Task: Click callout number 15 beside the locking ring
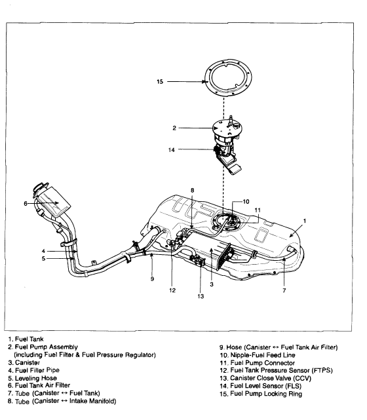(x=160, y=81)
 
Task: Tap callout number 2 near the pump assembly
(x=174, y=128)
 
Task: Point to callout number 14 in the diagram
(x=172, y=150)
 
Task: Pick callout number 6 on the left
(x=26, y=204)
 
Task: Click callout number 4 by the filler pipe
(x=43, y=251)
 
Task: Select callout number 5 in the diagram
(x=43, y=258)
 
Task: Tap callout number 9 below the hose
(x=152, y=279)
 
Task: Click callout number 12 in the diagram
(x=172, y=290)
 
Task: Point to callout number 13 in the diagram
(x=201, y=296)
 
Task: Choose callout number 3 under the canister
(x=212, y=284)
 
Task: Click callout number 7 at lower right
(x=284, y=290)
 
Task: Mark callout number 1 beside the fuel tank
(x=305, y=221)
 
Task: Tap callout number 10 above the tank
(x=246, y=202)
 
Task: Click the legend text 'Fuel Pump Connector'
(x=263, y=363)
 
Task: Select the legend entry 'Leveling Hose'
(x=36, y=378)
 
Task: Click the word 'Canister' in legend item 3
(x=28, y=363)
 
